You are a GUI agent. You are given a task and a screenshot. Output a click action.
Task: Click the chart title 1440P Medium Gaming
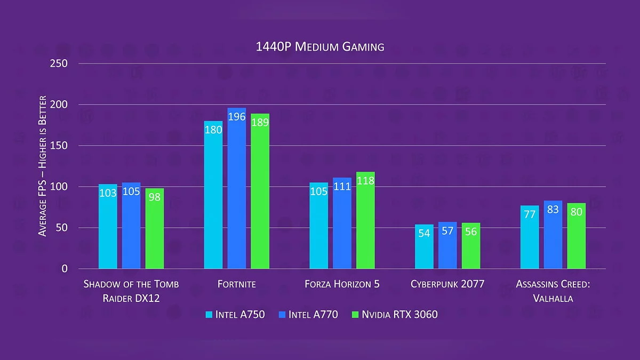(x=320, y=47)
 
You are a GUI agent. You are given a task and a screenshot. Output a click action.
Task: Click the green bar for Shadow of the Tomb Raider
(x=155, y=229)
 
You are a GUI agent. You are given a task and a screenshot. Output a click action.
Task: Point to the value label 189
(x=260, y=123)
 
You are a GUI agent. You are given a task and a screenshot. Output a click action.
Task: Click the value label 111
(x=342, y=186)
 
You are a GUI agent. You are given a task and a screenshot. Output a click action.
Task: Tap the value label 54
(x=424, y=234)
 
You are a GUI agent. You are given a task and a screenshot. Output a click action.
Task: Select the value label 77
(x=530, y=214)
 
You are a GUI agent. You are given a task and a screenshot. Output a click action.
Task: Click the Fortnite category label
(x=237, y=284)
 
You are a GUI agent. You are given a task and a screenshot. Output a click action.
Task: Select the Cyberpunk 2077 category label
(x=447, y=284)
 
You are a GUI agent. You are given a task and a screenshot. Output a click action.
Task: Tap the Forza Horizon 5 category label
(x=342, y=284)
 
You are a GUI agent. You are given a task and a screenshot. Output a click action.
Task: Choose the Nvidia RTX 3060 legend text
(x=399, y=315)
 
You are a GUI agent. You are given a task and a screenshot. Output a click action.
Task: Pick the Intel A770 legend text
(x=313, y=315)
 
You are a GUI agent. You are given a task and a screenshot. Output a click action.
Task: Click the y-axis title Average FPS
(x=43, y=166)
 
